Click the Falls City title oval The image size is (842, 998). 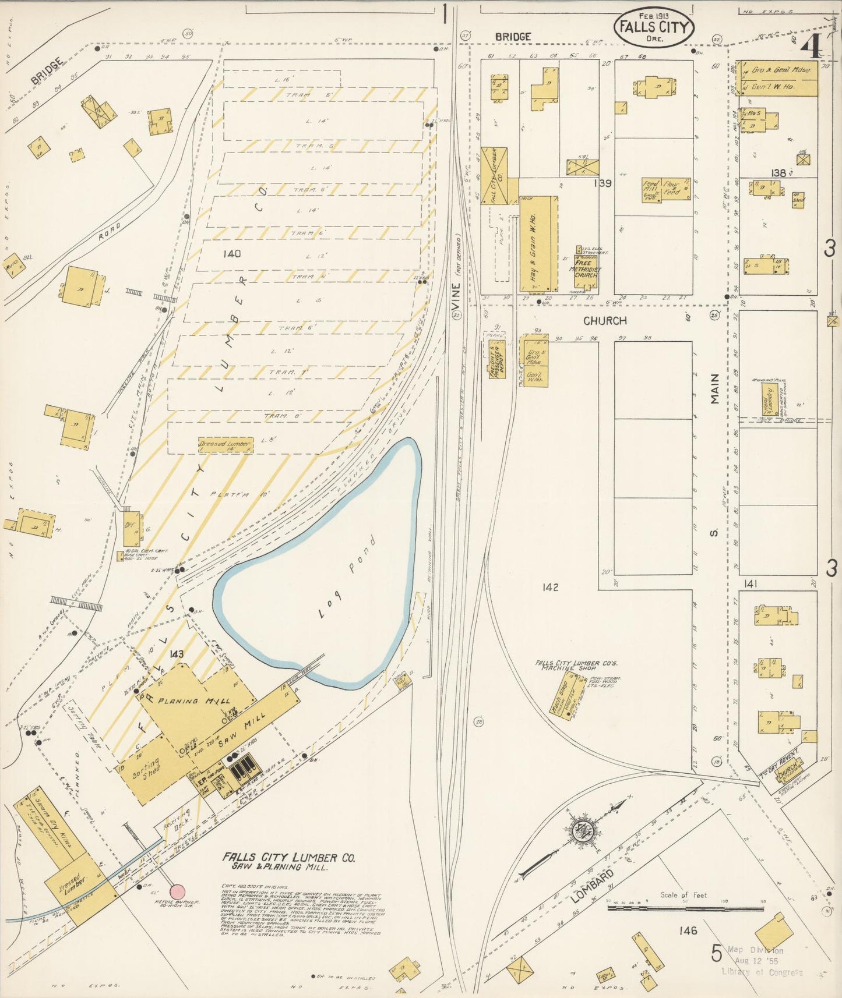(653, 27)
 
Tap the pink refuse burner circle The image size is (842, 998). (177, 891)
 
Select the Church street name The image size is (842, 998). (605, 321)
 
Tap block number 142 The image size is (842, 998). (549, 587)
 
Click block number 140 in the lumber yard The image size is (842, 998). (231, 253)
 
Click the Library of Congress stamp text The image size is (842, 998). (762, 972)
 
